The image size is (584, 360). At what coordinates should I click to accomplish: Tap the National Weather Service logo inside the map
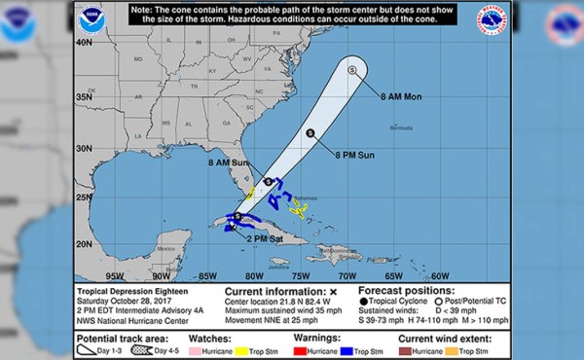492,19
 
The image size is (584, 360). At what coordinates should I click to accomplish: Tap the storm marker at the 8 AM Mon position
352,69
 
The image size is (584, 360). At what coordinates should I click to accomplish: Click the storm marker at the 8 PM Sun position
310,133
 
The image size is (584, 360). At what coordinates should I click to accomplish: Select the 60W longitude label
439,275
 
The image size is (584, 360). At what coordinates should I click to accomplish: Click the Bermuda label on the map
401,127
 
